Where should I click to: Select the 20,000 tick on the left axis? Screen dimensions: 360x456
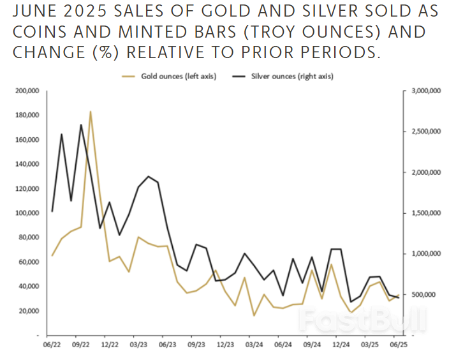click(28, 311)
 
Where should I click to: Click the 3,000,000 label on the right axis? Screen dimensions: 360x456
click(427, 91)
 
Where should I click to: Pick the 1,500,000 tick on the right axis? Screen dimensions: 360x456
click(427, 213)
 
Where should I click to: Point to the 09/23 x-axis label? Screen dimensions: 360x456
click(196, 345)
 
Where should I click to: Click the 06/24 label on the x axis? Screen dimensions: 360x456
click(283, 345)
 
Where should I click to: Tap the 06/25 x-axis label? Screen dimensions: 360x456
click(399, 345)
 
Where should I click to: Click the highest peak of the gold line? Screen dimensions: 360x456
click(91, 112)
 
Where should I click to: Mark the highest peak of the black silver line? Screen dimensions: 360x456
click(81, 125)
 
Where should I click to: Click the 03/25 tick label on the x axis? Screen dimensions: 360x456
click(369, 345)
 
